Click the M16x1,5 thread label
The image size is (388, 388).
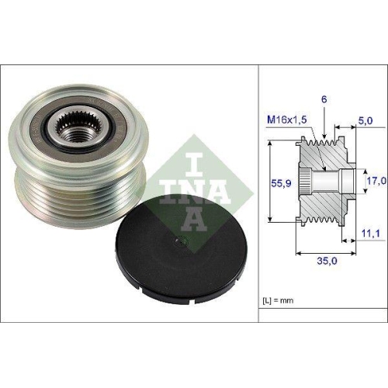286,119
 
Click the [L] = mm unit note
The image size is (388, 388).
280,300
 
